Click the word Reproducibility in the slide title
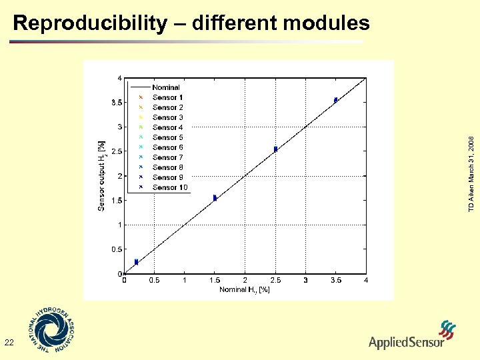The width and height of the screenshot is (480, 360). pos(90,24)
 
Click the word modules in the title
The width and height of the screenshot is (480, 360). pos(326,24)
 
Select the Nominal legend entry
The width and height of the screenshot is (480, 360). pos(165,87)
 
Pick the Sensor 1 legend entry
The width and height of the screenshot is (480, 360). pos(167,97)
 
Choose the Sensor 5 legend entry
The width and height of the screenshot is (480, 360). pos(167,137)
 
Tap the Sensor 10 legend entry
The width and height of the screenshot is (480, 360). pos(169,187)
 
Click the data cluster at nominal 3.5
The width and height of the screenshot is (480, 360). pos(336,100)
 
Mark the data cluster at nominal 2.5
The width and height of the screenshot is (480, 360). pos(275,149)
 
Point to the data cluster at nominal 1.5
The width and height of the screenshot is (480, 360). pos(215,197)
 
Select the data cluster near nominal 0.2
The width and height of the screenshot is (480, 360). pos(136,262)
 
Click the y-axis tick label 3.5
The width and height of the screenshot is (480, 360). pos(115,103)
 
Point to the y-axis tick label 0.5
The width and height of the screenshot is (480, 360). pos(115,249)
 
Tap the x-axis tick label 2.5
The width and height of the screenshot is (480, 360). pos(275,281)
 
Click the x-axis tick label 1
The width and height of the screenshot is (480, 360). pos(185,281)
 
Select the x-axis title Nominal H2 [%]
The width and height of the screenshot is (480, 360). pos(245,289)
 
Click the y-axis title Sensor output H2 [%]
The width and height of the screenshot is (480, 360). pos(101,175)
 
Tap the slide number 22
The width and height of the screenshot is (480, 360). pos(9,343)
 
